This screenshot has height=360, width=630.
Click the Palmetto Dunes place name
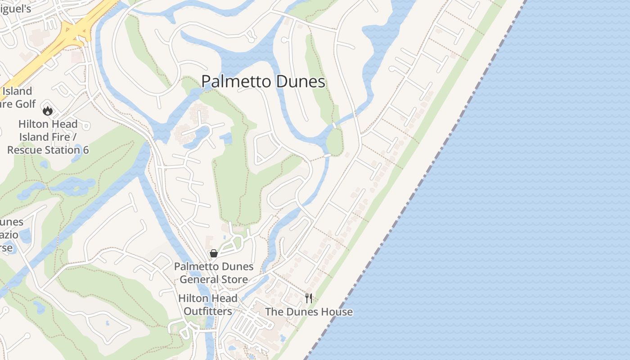(263, 81)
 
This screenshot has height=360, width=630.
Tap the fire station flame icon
(48, 110)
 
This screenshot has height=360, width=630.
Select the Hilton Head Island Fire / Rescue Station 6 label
(48, 137)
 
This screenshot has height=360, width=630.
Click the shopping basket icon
(214, 253)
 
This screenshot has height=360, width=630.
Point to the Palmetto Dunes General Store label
(214, 273)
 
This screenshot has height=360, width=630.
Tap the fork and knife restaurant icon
(309, 298)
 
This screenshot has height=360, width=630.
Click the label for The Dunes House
(309, 312)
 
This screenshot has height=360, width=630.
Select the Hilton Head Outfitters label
(208, 305)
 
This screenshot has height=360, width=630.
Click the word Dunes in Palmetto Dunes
(300, 81)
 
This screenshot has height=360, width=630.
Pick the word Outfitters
(208, 311)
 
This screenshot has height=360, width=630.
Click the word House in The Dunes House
(337, 312)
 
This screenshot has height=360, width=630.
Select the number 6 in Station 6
(85, 150)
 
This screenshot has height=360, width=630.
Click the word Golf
(25, 104)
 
